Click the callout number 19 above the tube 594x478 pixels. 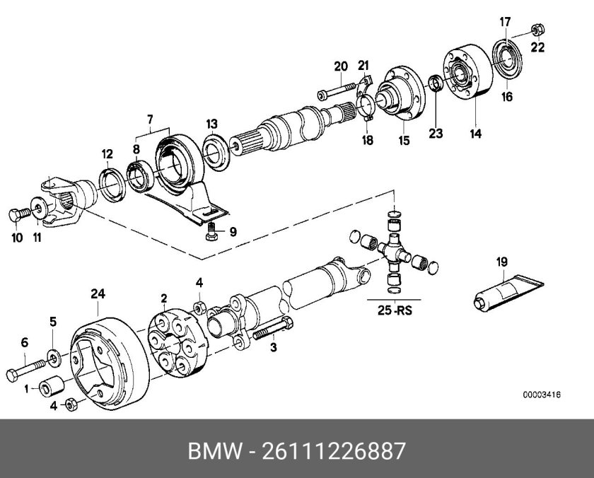(501, 262)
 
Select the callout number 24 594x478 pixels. (98, 293)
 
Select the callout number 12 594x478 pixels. (107, 153)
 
